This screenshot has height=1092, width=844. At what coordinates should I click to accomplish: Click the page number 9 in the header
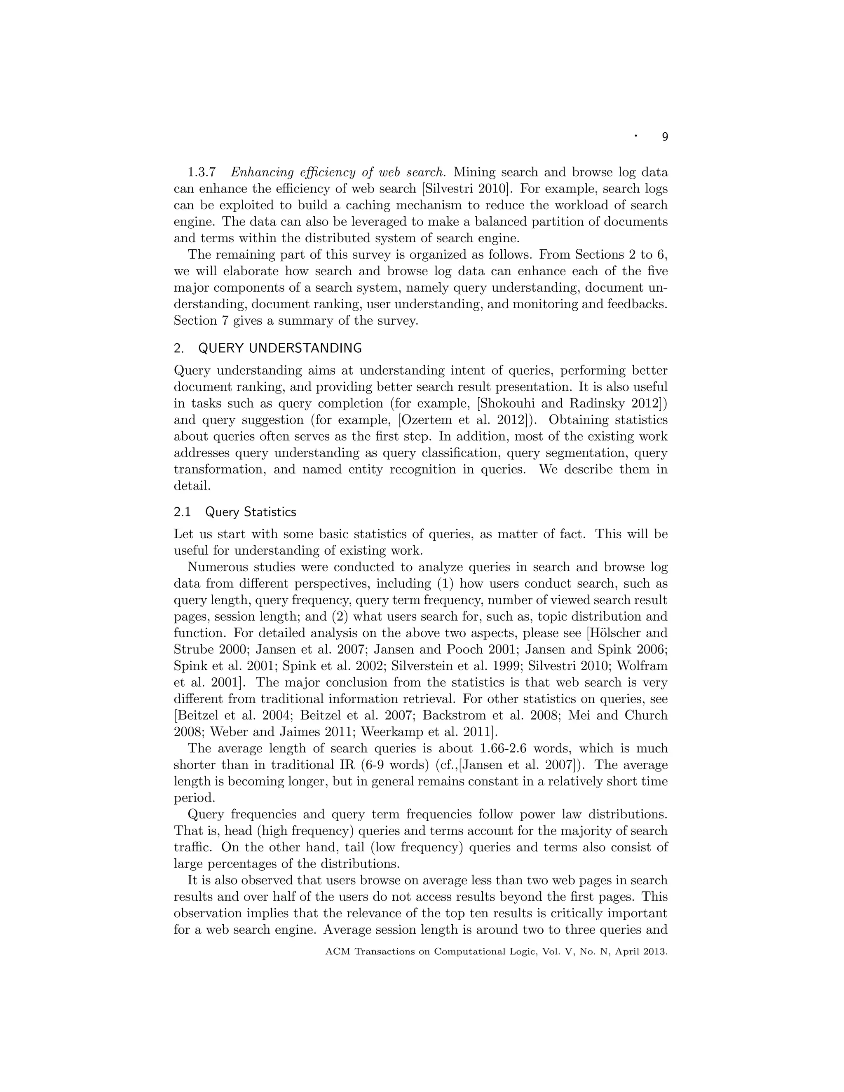tap(664, 137)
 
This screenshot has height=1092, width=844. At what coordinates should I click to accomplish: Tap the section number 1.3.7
tap(202, 173)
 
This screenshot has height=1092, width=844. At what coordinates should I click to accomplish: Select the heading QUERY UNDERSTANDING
tap(280, 348)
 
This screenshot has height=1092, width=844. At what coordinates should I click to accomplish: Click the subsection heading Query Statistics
tap(251, 512)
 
